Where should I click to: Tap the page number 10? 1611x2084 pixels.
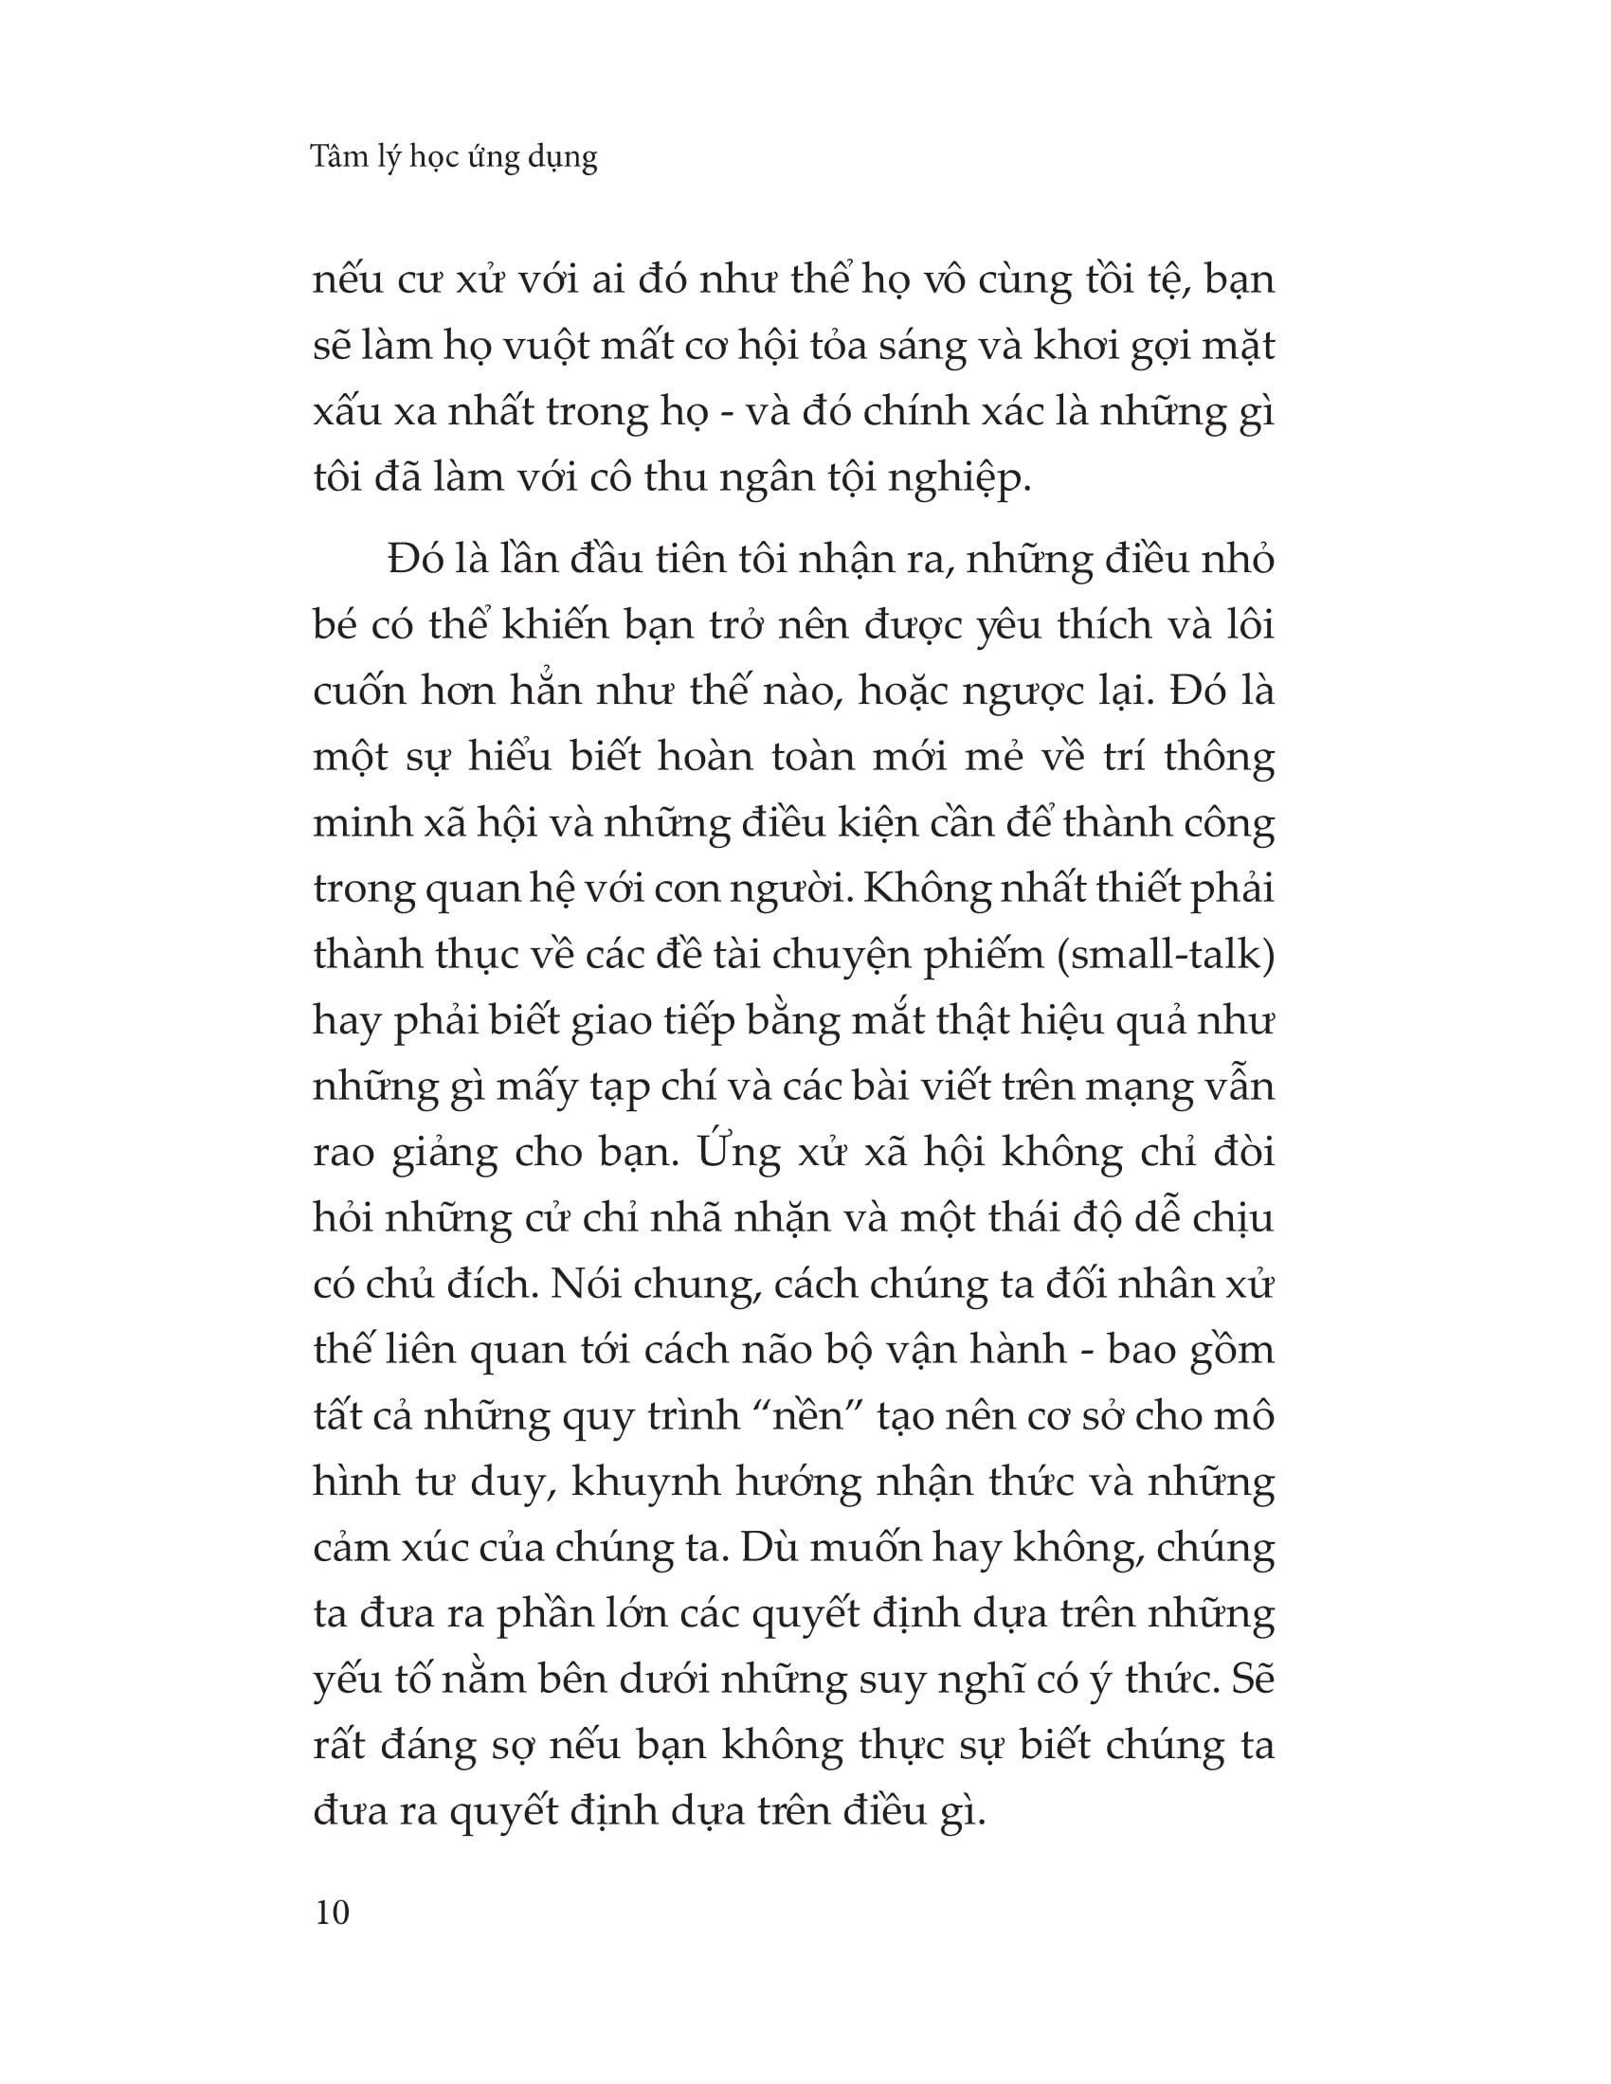[331, 1913]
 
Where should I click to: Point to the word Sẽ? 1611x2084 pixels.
[1252, 1680]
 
